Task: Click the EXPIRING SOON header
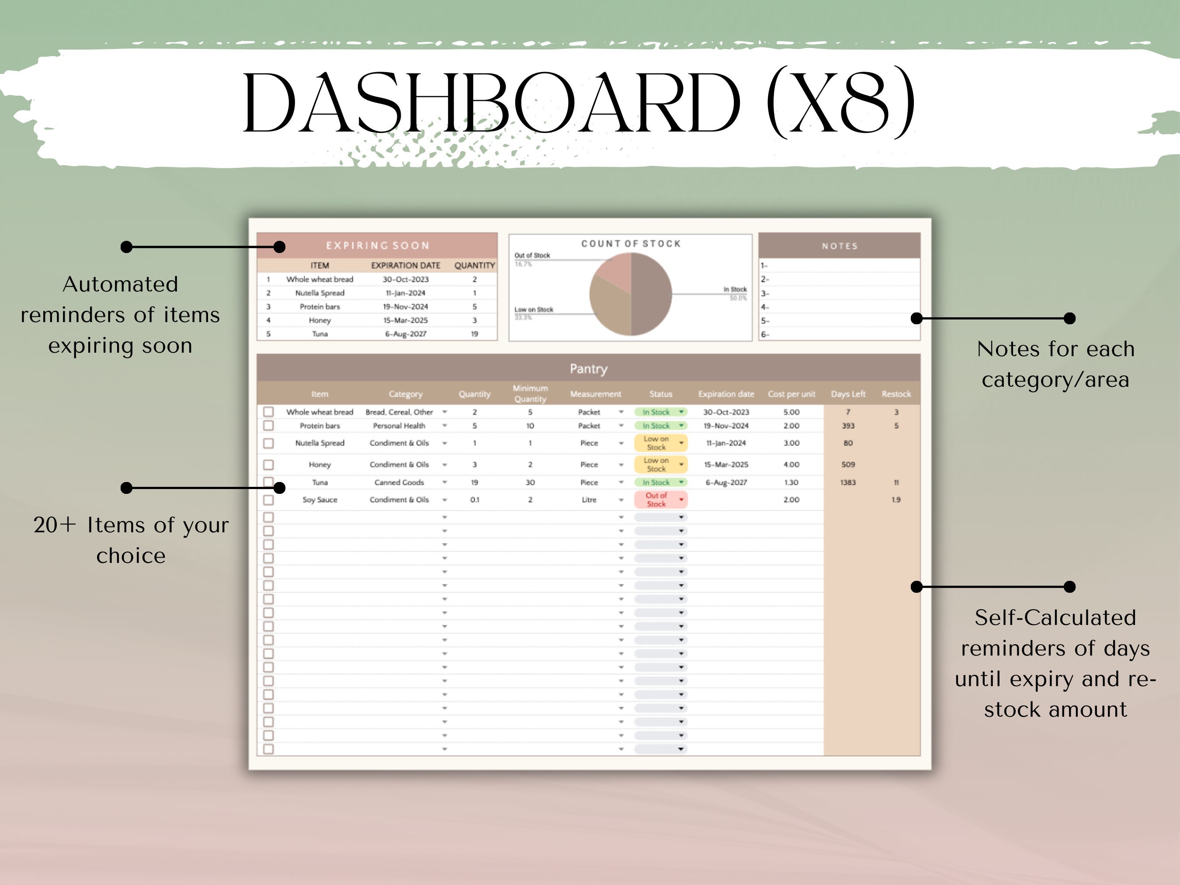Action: coord(377,245)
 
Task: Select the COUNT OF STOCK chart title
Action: coord(631,244)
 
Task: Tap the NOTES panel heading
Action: coord(839,246)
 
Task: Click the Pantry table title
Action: coord(588,368)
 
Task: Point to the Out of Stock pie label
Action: coord(532,256)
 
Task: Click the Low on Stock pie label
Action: coord(534,309)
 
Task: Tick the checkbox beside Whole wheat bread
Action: coord(268,412)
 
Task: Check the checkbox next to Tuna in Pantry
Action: coord(268,482)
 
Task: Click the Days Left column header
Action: coord(848,394)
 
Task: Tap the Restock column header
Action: coord(895,394)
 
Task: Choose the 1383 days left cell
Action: coord(848,482)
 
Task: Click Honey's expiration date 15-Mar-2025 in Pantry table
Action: coord(725,465)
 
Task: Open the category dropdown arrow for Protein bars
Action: coord(444,426)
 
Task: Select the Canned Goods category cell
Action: coord(399,482)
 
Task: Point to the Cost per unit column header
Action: coord(791,394)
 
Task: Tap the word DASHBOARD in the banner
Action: coord(491,102)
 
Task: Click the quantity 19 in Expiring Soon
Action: coord(474,334)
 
